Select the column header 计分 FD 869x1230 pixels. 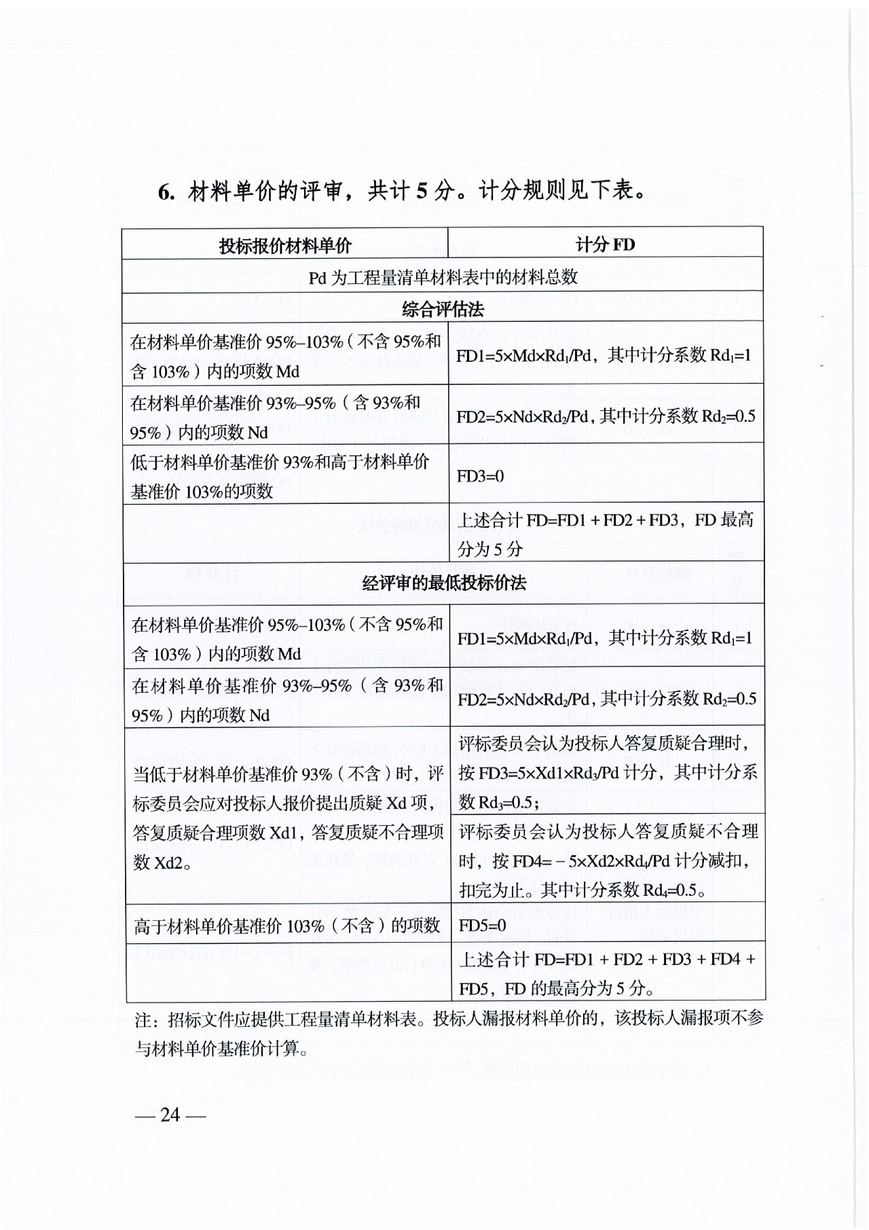pos(605,245)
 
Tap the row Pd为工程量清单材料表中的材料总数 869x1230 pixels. pos(443,277)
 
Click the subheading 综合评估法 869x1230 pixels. pos(443,310)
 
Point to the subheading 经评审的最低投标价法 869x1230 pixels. pos(444,583)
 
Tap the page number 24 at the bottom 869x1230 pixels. pos(170,1115)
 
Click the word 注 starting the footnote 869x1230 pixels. pos(143,1020)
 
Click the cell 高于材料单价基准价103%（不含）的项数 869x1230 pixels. pos(287,926)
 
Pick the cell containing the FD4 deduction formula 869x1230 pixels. pos(608,860)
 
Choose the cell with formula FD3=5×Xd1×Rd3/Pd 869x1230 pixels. pos(608,772)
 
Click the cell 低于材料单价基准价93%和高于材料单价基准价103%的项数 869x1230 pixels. pos(285,476)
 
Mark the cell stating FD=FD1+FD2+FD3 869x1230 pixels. pos(606,535)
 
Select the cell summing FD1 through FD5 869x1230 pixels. pos(608,973)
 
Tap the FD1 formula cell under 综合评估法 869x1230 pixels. pos(604,355)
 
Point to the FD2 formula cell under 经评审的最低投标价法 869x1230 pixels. pos(607,699)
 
